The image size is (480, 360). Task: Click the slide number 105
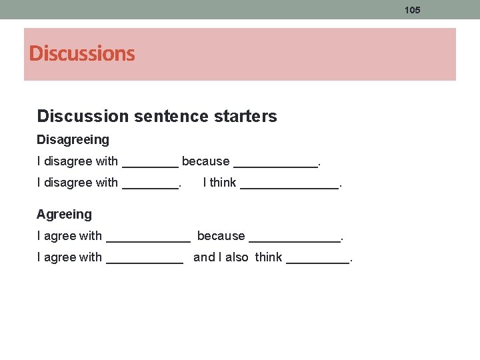pyautogui.click(x=413, y=10)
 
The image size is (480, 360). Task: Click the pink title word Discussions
pyautogui.click(x=82, y=53)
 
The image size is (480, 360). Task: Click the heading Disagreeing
pyautogui.click(x=73, y=140)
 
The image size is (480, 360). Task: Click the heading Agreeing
pyautogui.click(x=64, y=214)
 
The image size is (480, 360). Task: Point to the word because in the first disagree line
pyautogui.click(x=205, y=161)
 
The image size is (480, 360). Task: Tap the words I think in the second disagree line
pyautogui.click(x=219, y=183)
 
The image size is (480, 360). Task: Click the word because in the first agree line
pyautogui.click(x=221, y=236)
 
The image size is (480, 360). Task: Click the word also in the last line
pyautogui.click(x=237, y=257)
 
